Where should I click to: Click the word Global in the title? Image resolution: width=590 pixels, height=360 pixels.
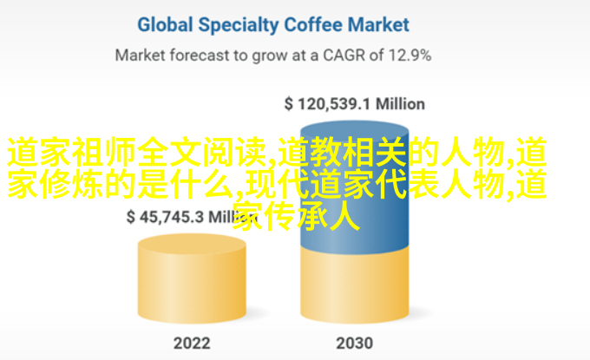pyautogui.click(x=165, y=25)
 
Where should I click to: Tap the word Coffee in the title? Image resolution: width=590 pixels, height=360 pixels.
pyautogui.click(x=313, y=25)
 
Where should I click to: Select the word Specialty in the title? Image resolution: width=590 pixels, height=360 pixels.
pyautogui.click(x=239, y=25)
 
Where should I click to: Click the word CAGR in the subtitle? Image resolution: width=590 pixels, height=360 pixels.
pyautogui.click(x=344, y=56)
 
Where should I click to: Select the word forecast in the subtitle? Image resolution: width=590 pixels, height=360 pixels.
pyautogui.click(x=199, y=56)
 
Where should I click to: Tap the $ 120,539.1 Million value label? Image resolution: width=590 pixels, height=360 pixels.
pyautogui.click(x=355, y=104)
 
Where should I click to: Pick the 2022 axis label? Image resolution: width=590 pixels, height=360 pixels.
pyautogui.click(x=192, y=343)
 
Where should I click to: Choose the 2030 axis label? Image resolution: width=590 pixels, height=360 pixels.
pyautogui.click(x=355, y=343)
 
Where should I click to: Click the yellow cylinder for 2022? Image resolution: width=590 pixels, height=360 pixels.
pyautogui.click(x=192, y=278)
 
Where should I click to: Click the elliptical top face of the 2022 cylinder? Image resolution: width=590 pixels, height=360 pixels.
pyautogui.click(x=192, y=245)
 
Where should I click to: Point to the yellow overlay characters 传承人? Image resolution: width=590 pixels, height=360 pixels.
pyautogui.click(x=312, y=217)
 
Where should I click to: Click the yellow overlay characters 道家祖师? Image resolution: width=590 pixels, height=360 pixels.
pyautogui.click(x=72, y=153)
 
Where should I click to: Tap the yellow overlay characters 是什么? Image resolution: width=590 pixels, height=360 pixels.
pyautogui.click(x=185, y=185)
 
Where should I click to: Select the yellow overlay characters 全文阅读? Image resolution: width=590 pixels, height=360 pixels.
pyautogui.click(x=202, y=153)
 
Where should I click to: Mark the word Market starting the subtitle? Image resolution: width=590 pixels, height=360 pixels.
pyautogui.click(x=140, y=56)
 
